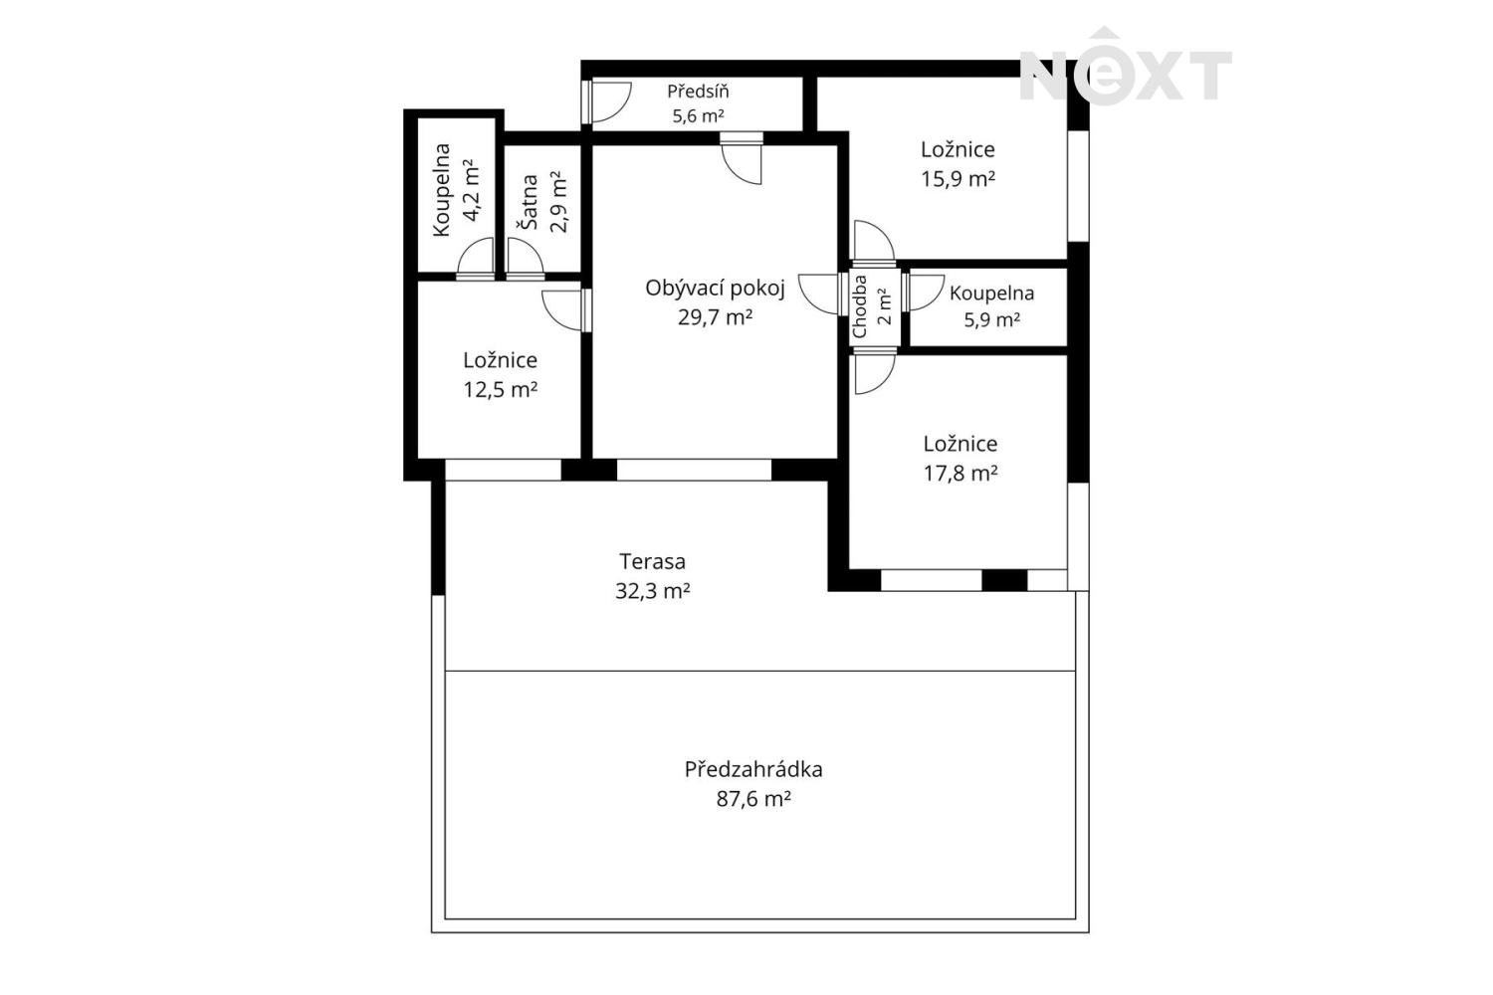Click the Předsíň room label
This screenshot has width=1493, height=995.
point(698,91)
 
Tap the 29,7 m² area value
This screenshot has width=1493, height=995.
point(716,317)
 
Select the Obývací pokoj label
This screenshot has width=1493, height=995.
point(716,289)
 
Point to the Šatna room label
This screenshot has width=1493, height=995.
point(531,202)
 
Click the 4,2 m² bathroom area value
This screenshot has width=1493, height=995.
point(471,190)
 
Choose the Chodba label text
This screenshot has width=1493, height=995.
point(860,306)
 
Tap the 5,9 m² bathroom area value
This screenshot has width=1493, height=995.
point(991,320)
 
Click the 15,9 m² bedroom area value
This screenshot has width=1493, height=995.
point(959,179)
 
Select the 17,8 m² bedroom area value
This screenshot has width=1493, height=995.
point(960,474)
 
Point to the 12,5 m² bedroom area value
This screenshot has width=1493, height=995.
point(501,389)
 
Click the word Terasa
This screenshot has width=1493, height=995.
point(653,562)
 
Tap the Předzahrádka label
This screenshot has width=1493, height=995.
point(753,770)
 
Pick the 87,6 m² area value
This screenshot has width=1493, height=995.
point(753,798)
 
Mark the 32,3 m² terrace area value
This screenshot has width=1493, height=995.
point(653,591)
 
